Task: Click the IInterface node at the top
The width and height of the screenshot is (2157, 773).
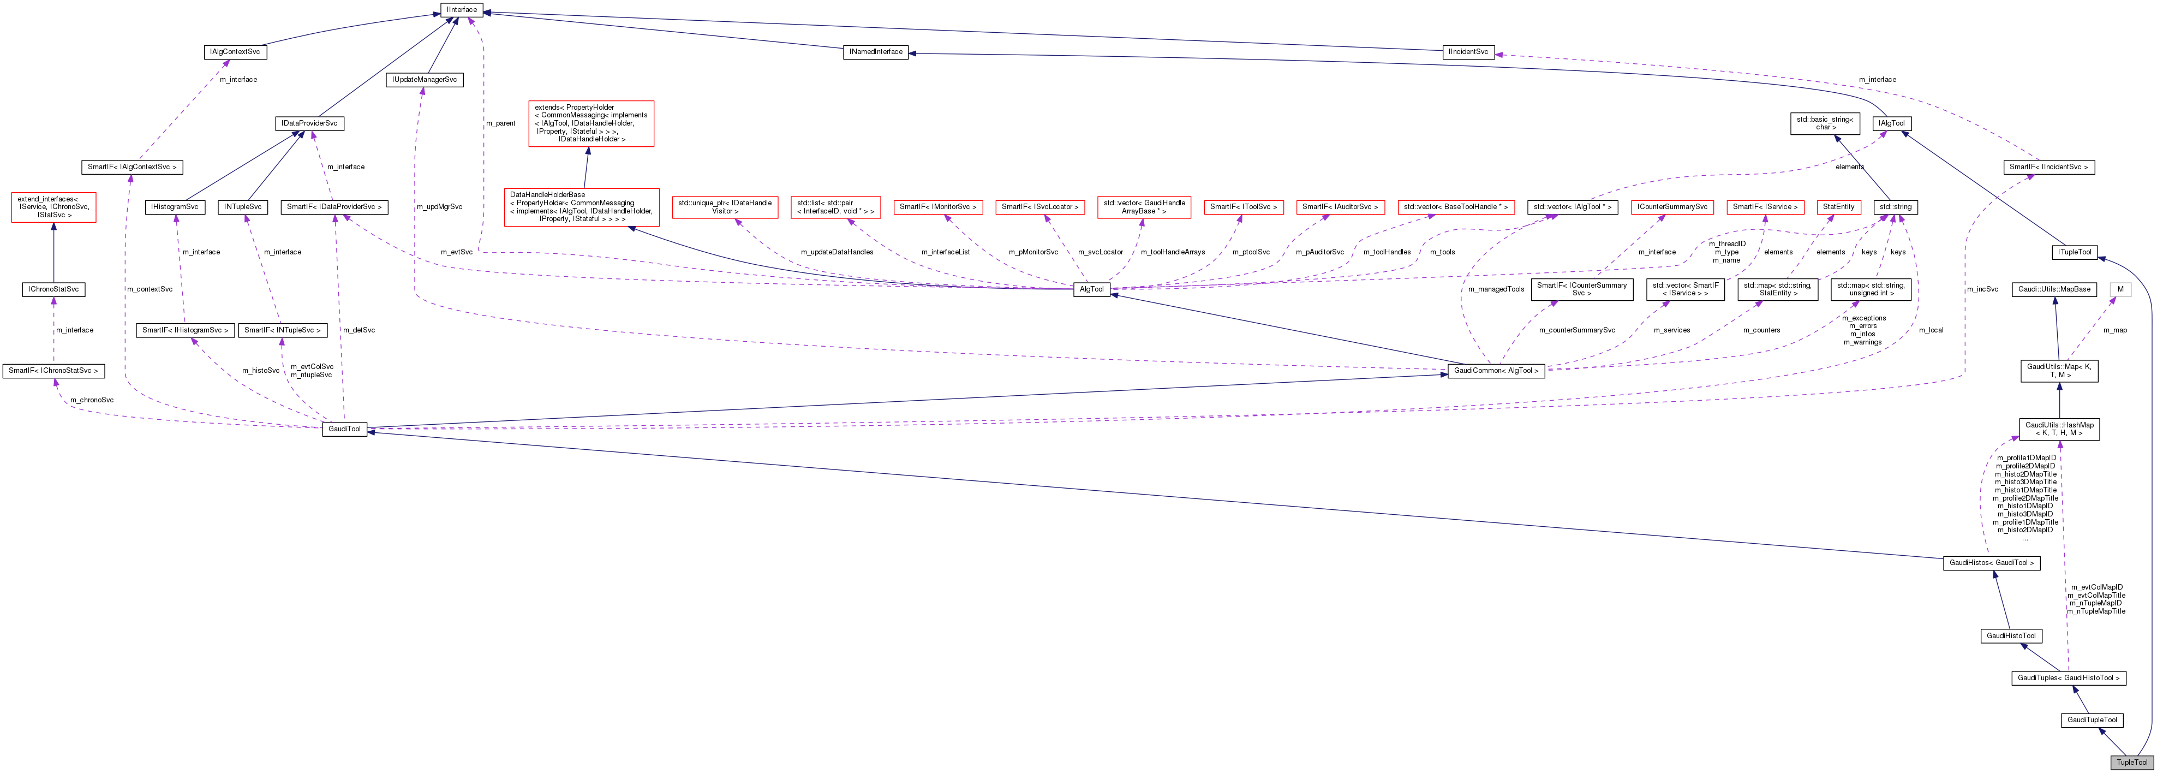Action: click(x=462, y=10)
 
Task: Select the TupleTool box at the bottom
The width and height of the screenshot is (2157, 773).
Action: click(x=2131, y=762)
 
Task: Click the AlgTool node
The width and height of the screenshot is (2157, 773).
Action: click(x=1092, y=289)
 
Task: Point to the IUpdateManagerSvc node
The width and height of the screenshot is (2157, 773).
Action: click(x=425, y=80)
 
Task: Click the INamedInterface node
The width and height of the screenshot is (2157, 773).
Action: click(x=876, y=52)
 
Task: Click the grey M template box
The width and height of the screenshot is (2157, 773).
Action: click(x=2120, y=289)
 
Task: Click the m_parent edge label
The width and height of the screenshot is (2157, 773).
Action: click(x=501, y=123)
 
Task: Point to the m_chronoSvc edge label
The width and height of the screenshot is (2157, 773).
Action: click(x=92, y=400)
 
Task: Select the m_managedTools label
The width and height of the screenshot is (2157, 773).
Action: click(x=1496, y=289)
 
